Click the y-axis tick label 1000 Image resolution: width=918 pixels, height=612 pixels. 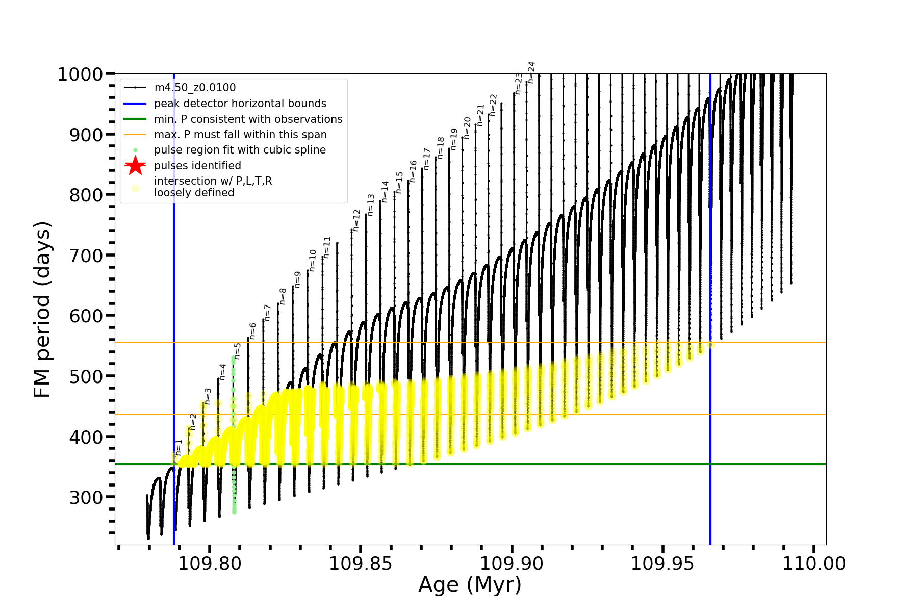[x=80, y=74]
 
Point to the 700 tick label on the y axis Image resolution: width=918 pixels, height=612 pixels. [x=86, y=256]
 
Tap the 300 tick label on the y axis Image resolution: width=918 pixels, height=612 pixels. [x=86, y=497]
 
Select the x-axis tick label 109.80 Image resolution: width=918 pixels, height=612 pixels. [x=210, y=564]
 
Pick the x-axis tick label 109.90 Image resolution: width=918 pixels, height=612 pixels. [x=512, y=564]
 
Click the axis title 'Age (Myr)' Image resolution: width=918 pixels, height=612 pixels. [x=470, y=585]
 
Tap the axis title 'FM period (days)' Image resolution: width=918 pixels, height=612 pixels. [x=42, y=310]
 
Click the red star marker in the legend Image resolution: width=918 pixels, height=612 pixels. [x=135, y=166]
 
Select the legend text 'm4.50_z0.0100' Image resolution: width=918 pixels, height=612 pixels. [x=195, y=88]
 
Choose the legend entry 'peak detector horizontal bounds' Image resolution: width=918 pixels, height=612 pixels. [x=240, y=104]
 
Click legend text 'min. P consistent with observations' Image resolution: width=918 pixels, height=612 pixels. [x=248, y=119]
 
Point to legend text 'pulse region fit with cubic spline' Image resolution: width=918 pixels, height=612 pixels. [x=240, y=150]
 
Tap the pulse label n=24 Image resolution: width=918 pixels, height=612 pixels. [x=531, y=72]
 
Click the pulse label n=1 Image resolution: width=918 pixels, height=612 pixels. [x=178, y=447]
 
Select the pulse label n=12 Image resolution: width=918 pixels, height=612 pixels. [x=356, y=220]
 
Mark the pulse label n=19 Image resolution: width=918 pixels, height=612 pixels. [x=453, y=139]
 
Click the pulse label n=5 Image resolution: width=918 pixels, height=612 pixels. [x=237, y=351]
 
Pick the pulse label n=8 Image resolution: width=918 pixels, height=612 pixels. [x=283, y=296]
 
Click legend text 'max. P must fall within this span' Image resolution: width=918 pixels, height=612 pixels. [x=240, y=135]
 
